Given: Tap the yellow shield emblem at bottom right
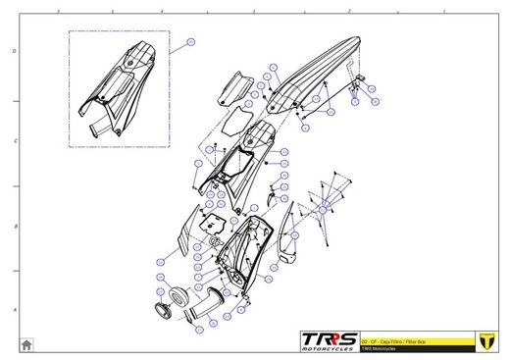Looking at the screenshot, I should click(x=483, y=340).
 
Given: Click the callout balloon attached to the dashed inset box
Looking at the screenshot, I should click(x=191, y=42).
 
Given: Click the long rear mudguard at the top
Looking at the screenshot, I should click(x=314, y=78).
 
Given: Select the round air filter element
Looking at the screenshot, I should click(x=178, y=295).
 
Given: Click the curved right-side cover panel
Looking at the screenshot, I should click(x=287, y=235).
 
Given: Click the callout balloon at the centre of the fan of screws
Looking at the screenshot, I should click(x=324, y=209).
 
